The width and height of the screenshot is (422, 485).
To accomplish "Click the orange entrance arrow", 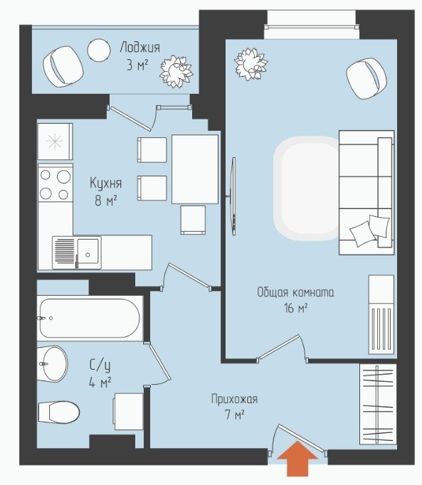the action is point(297,459).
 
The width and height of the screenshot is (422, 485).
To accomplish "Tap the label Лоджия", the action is point(140,48).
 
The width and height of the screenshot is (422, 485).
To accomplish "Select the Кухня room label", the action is point(106,183).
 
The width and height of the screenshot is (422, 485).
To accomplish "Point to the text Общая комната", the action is point(295,292).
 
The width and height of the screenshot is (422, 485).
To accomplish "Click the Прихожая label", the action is point(234,399).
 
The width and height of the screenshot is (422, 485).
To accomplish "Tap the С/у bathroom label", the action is point(100,366).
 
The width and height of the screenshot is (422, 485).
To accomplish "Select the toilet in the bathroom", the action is point(59,412).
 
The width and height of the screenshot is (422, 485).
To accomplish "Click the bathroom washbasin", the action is point(53,364).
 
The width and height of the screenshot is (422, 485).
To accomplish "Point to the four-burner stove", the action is point(56,183).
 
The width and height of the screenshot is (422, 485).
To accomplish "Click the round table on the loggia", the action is point(99,50).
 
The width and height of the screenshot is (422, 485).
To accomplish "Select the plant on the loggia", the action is point(176,71).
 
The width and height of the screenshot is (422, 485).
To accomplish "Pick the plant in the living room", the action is point(250,64).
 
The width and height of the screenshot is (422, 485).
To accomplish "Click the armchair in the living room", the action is point(367,78).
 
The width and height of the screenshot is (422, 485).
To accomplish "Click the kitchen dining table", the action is point(195,169).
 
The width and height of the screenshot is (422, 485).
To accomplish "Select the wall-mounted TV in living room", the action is point(233,196).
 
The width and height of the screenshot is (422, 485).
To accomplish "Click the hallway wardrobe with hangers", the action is point(378,404).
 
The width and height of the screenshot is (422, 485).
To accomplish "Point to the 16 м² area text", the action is point(295,308).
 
